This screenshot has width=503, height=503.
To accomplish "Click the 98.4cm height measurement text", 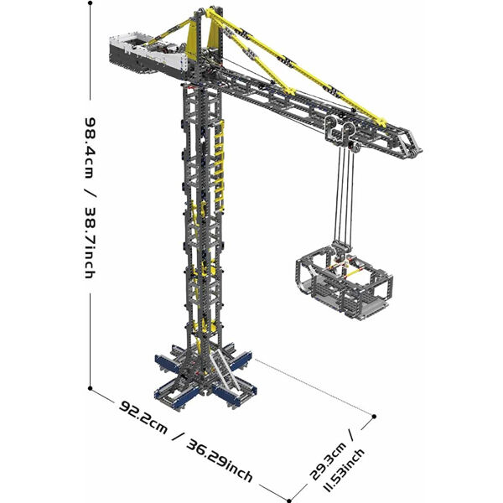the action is pos(89,148).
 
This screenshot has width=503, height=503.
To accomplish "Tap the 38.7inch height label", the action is pos(89,242).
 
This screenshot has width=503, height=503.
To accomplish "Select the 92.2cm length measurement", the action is pos(143,417).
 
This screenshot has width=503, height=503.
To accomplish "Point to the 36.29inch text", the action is pos(220,460).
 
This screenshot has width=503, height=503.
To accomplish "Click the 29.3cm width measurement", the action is pos(328,461).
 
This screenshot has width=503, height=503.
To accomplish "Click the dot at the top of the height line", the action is pos(91,3).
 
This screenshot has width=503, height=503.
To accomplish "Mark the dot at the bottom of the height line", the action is pos(91,388).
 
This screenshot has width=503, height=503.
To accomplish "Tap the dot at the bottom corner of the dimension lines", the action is pos(289,500).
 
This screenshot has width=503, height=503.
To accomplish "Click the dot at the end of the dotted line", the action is pos(374,417).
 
